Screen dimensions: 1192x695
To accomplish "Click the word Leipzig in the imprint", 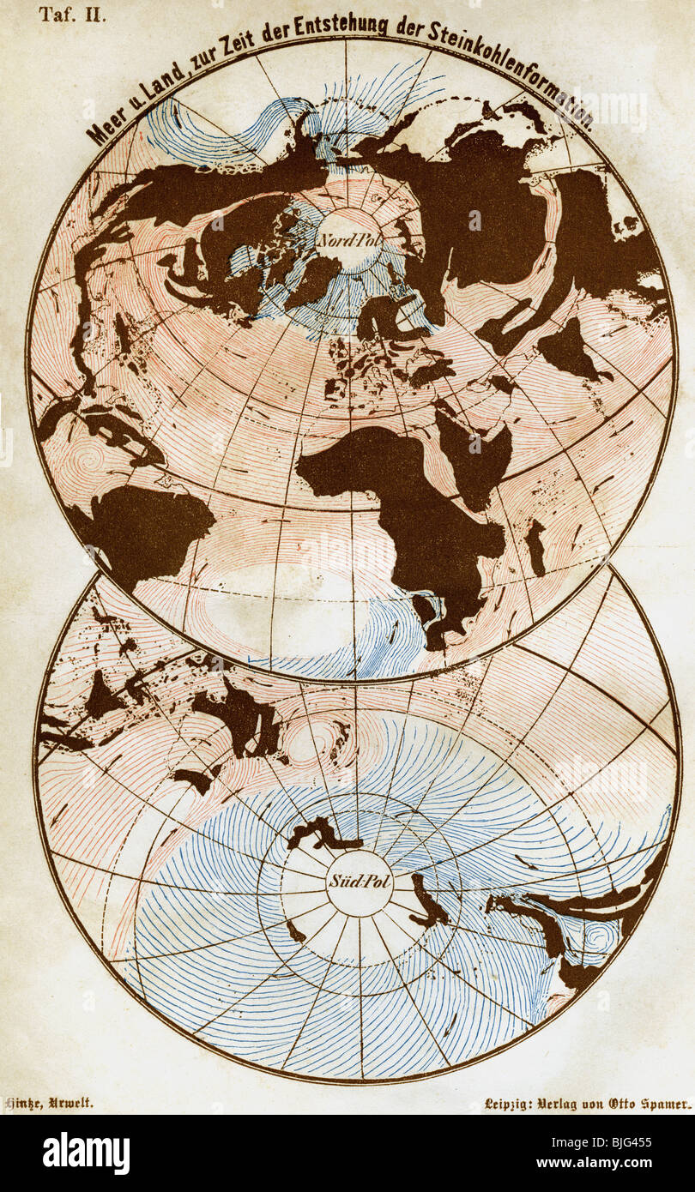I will (x=510, y=1105).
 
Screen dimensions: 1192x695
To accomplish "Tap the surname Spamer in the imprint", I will (x=664, y=1105).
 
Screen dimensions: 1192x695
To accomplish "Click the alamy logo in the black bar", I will (x=86, y=1153).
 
